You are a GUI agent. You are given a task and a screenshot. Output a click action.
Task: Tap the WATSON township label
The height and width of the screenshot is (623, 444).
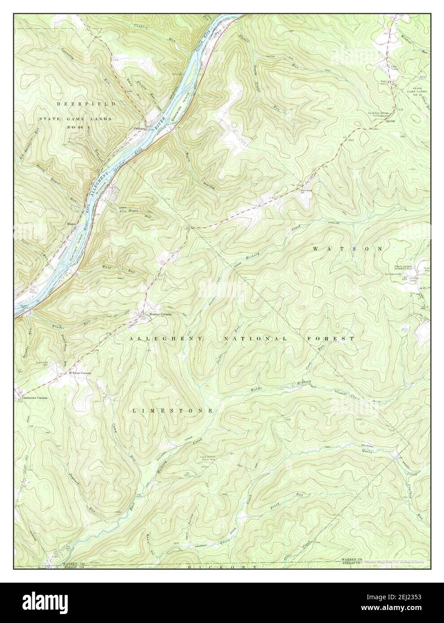click(349, 248)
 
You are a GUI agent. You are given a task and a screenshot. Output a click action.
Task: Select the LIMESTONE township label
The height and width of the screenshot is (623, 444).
click(173, 411)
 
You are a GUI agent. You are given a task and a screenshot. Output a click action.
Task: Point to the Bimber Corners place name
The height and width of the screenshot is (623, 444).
click(160, 314)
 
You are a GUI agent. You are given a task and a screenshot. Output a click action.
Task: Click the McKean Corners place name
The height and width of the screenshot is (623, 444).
click(80, 373)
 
